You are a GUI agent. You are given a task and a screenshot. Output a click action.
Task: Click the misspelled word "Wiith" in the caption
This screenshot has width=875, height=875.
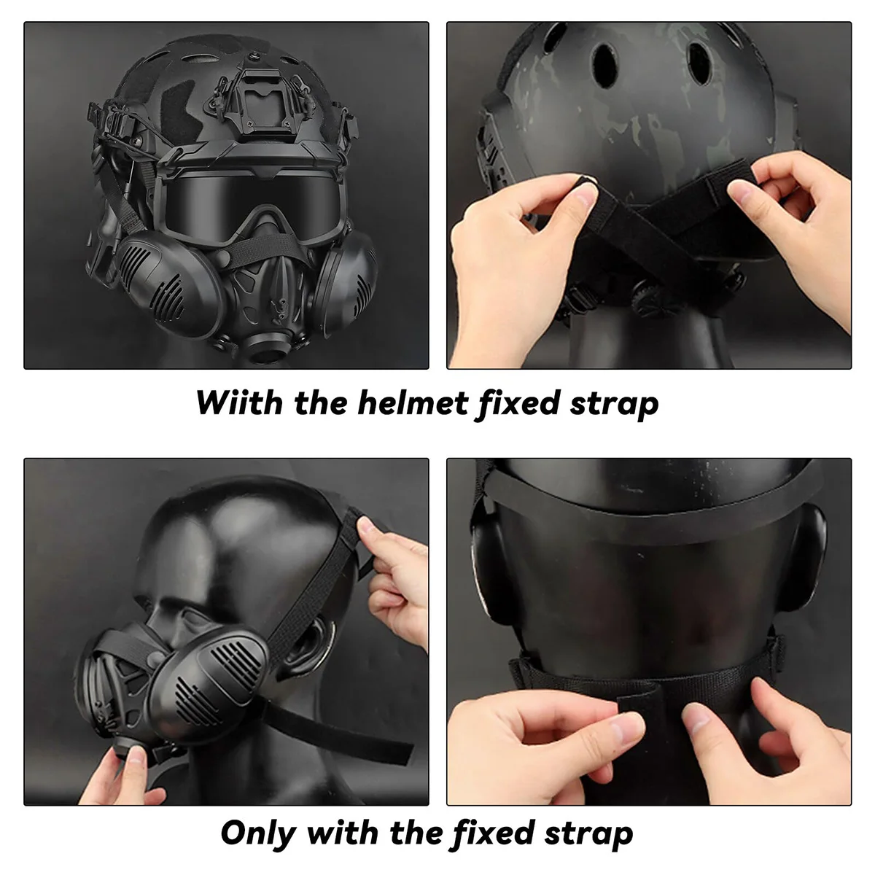point(239,402)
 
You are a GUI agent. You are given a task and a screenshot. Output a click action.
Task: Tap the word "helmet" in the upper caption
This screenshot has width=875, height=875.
point(413,402)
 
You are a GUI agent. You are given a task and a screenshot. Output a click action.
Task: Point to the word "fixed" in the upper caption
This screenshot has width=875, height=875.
point(518,403)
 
